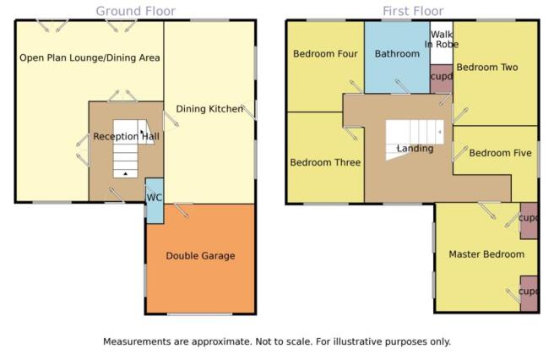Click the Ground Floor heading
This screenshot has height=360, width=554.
[x=136, y=11]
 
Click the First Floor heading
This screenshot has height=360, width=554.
[x=413, y=11]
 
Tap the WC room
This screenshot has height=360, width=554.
[x=155, y=201]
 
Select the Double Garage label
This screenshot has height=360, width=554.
[x=200, y=256]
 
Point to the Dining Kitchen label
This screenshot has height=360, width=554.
[x=209, y=109]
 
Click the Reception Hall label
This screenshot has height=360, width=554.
[x=126, y=137]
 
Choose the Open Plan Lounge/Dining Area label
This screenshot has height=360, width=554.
[x=90, y=57]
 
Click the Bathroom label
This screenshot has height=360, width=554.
[x=397, y=54]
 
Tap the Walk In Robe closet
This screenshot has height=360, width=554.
[x=442, y=42]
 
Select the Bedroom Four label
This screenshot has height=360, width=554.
[x=325, y=54]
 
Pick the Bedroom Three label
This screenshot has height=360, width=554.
[x=325, y=162]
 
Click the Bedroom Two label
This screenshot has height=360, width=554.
[x=487, y=68]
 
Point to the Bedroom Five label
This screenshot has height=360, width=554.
[x=500, y=153]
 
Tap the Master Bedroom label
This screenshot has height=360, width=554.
[x=486, y=254]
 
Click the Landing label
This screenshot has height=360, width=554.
[x=415, y=148]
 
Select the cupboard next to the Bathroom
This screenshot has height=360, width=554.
[x=442, y=79]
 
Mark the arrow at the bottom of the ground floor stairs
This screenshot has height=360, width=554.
[x=126, y=173]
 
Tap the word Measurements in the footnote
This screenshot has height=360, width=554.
[x=131, y=341]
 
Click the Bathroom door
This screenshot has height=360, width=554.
[x=401, y=87]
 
